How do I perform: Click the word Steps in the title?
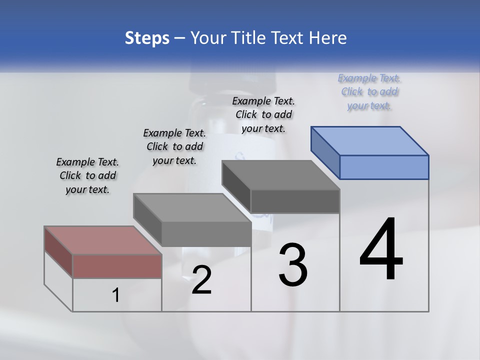147,38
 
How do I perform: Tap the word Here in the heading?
328,38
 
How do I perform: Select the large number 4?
381,250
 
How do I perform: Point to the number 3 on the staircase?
293,265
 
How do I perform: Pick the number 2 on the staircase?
201,280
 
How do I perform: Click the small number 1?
116,296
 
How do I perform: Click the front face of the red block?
117,266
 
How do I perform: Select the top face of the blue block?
370,140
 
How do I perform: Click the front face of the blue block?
384,167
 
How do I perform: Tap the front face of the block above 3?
295,201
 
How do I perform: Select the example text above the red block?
87,175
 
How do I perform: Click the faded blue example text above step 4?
369,91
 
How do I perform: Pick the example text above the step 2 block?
174,146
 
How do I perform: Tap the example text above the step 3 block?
263,114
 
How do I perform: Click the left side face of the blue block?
325,152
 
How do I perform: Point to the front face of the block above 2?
206,234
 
